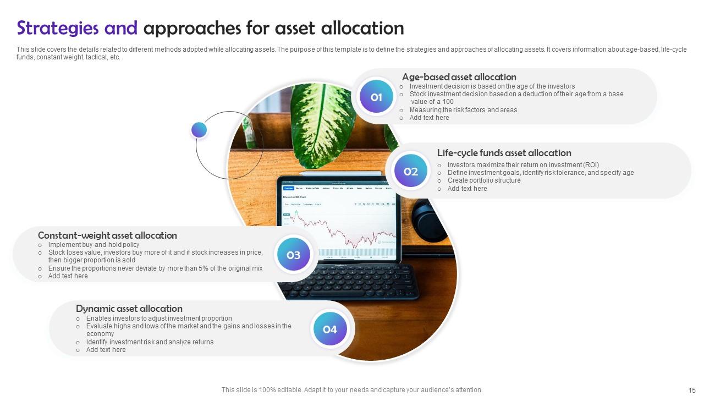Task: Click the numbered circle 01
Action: [376, 97]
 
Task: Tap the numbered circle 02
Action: [411, 172]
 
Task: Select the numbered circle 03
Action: [293, 255]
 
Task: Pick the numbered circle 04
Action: [329, 329]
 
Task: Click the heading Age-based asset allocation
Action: [459, 77]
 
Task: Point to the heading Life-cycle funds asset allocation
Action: [504, 153]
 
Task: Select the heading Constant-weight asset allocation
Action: [107, 235]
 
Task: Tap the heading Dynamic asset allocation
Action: [129, 309]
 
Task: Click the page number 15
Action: [692, 390]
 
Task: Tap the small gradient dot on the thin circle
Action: [199, 130]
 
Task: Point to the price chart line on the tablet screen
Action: [341, 231]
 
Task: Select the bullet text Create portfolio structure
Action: [483, 180]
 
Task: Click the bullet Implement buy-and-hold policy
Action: [94, 245]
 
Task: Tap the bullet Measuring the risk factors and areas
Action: [463, 110]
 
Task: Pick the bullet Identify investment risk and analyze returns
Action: [150, 342]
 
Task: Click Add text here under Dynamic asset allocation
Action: [106, 350]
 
